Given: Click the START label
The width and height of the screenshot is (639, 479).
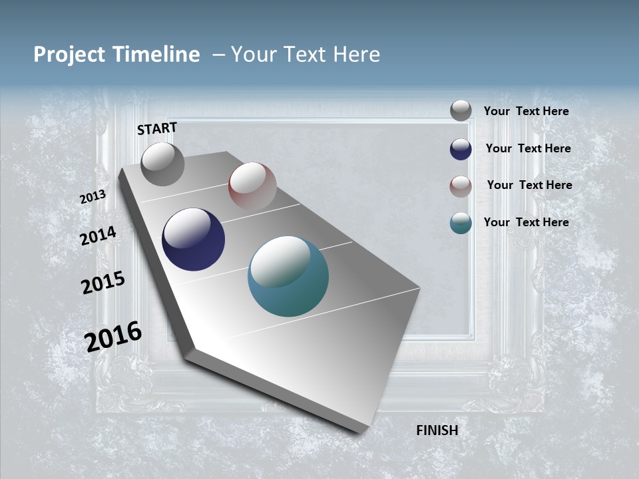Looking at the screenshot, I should click(x=157, y=128).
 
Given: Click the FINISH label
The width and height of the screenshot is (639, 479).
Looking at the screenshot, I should click(x=437, y=430).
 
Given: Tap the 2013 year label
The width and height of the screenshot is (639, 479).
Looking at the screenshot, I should click(x=93, y=197).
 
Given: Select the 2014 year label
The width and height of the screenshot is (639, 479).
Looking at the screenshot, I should click(x=99, y=236).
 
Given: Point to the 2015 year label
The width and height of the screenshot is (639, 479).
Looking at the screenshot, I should click(x=103, y=283).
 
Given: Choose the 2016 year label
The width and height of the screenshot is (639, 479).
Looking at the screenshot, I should click(x=114, y=336).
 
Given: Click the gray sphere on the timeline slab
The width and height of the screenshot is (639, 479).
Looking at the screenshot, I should click(x=162, y=164).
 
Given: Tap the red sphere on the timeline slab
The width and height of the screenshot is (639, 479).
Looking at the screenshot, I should click(x=252, y=186).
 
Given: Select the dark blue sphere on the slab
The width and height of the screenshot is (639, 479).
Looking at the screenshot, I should click(x=194, y=239).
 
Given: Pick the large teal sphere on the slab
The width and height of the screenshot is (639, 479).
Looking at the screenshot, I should click(x=288, y=276).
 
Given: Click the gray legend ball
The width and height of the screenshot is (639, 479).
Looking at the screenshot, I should click(x=461, y=110).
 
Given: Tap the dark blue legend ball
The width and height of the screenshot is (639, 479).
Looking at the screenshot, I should click(x=461, y=149).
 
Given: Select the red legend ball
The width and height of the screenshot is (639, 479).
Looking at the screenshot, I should click(x=461, y=186).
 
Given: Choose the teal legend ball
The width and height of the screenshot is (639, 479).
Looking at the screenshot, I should click(x=461, y=223).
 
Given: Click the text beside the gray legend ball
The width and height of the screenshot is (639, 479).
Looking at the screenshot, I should click(x=527, y=111).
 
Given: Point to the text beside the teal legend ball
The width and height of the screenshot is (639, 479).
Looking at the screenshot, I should click(x=527, y=222).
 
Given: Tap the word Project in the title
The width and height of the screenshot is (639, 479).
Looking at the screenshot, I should click(x=67, y=55).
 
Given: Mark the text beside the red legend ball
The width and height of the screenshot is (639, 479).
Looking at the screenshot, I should click(x=529, y=185).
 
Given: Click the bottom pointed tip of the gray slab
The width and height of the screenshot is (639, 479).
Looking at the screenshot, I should click(x=359, y=431).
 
